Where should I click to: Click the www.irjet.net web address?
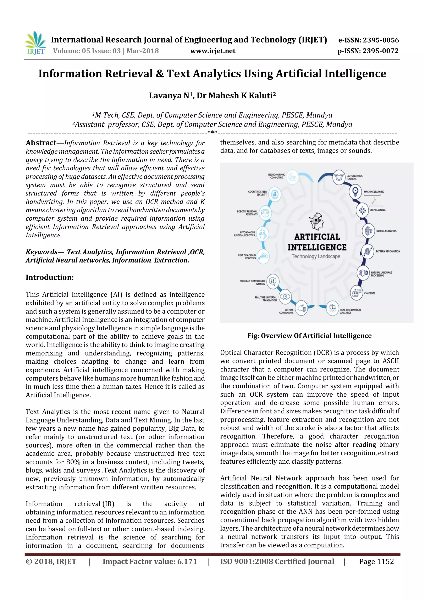pyautogui.click(x=213, y=51)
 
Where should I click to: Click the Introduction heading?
pyautogui.click(x=50, y=277)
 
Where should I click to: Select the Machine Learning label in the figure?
pyautogui.click(x=374, y=192)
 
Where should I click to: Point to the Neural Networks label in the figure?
pyautogui.click(x=386, y=231)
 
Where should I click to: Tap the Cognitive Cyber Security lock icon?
pyautogui.click(x=275, y=194)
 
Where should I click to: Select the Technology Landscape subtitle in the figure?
pyautogui.click(x=316, y=256)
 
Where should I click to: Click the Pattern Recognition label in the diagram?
pyautogui.click(x=388, y=251)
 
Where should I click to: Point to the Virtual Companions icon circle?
pyautogui.click(x=302, y=308)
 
